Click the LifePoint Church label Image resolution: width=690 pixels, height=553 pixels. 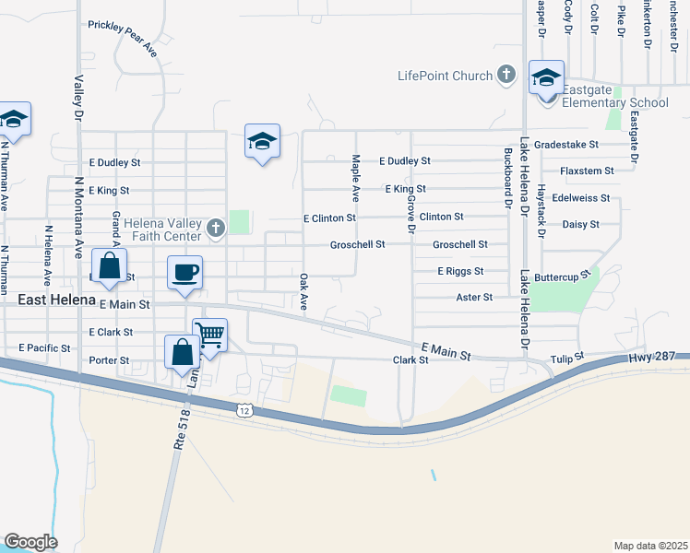click(445, 76)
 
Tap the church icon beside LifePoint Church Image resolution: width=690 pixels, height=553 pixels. click(506, 75)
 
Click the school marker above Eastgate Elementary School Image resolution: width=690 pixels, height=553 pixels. click(546, 78)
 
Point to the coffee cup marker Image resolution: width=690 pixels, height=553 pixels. click(184, 273)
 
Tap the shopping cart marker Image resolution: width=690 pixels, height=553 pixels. click(210, 335)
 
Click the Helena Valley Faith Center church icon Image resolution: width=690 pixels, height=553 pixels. click(215, 228)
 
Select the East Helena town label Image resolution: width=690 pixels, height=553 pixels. click(56, 300)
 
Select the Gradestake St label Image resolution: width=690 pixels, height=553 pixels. click(566, 145)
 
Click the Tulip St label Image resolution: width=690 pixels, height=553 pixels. click(568, 357)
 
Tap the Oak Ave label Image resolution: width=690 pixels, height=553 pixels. click(303, 290)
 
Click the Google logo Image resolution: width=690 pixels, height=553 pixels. click(30, 542)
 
